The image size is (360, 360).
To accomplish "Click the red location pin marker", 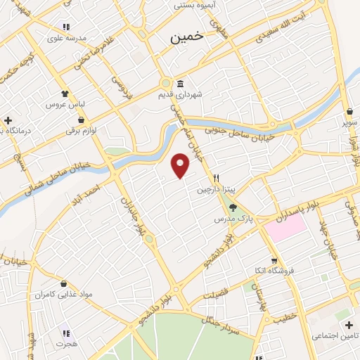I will [181, 165].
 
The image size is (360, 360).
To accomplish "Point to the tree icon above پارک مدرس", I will [233, 207].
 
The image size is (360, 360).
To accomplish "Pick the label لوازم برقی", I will [84, 131].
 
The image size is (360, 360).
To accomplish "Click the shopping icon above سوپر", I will [349, 110].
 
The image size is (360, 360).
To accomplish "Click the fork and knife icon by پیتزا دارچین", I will [217, 178].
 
